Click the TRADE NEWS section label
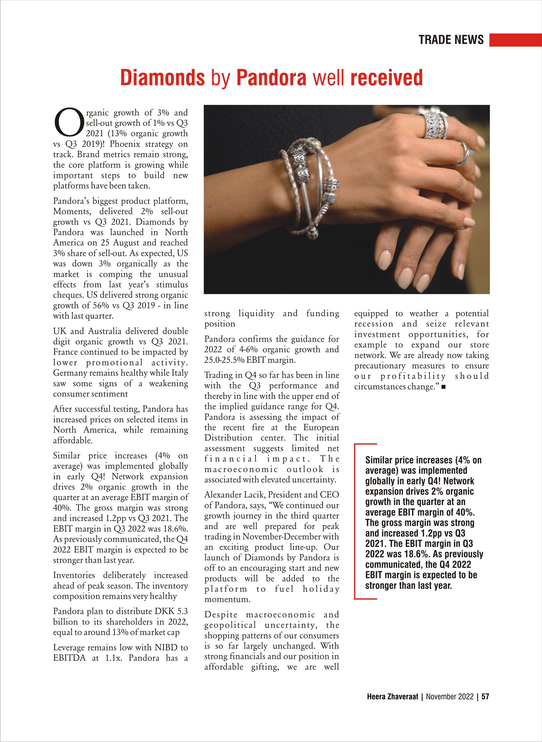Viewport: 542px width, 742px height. point(451,40)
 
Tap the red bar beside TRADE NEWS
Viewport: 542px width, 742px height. point(515,40)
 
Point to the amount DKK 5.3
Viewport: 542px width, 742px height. point(171,611)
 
